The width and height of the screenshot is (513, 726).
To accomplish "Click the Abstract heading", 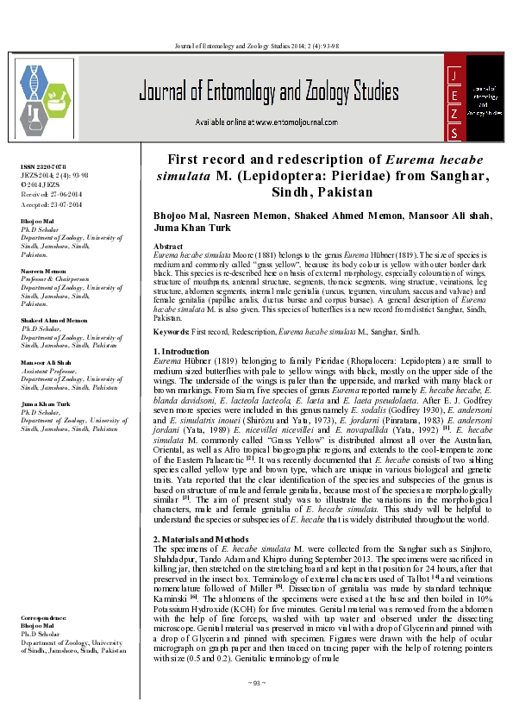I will (168, 247).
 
